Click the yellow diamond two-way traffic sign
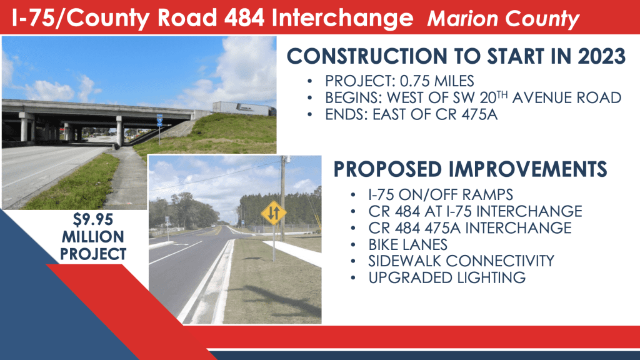tap(274, 212)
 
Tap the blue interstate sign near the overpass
tap(159, 121)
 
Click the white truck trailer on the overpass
tap(243, 109)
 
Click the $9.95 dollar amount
tap(92, 219)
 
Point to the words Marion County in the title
tap(503, 19)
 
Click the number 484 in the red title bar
tap(244, 18)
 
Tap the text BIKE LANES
tap(407, 244)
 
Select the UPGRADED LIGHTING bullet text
tap(447, 277)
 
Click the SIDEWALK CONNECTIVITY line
tap(461, 261)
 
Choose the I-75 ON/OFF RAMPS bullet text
tap(441, 195)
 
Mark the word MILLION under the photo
tap(92, 237)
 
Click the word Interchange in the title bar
tap(342, 19)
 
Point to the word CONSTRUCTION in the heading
tap(367, 56)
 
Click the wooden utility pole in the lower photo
tap(282, 198)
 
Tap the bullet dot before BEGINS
tap(310, 98)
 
